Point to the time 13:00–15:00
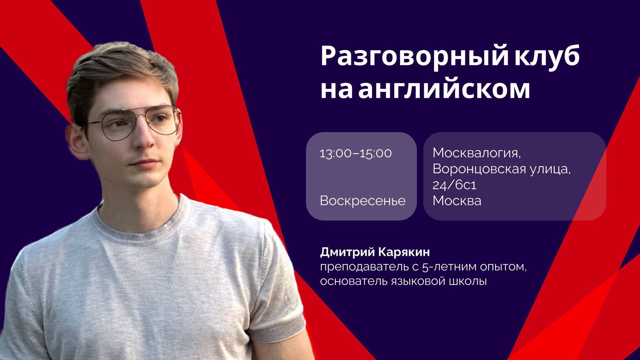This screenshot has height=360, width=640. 355,153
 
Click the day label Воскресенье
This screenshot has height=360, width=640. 362,201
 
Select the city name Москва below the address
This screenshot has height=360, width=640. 457,201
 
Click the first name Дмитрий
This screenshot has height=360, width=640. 347,252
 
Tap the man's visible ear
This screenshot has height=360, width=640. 75,141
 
